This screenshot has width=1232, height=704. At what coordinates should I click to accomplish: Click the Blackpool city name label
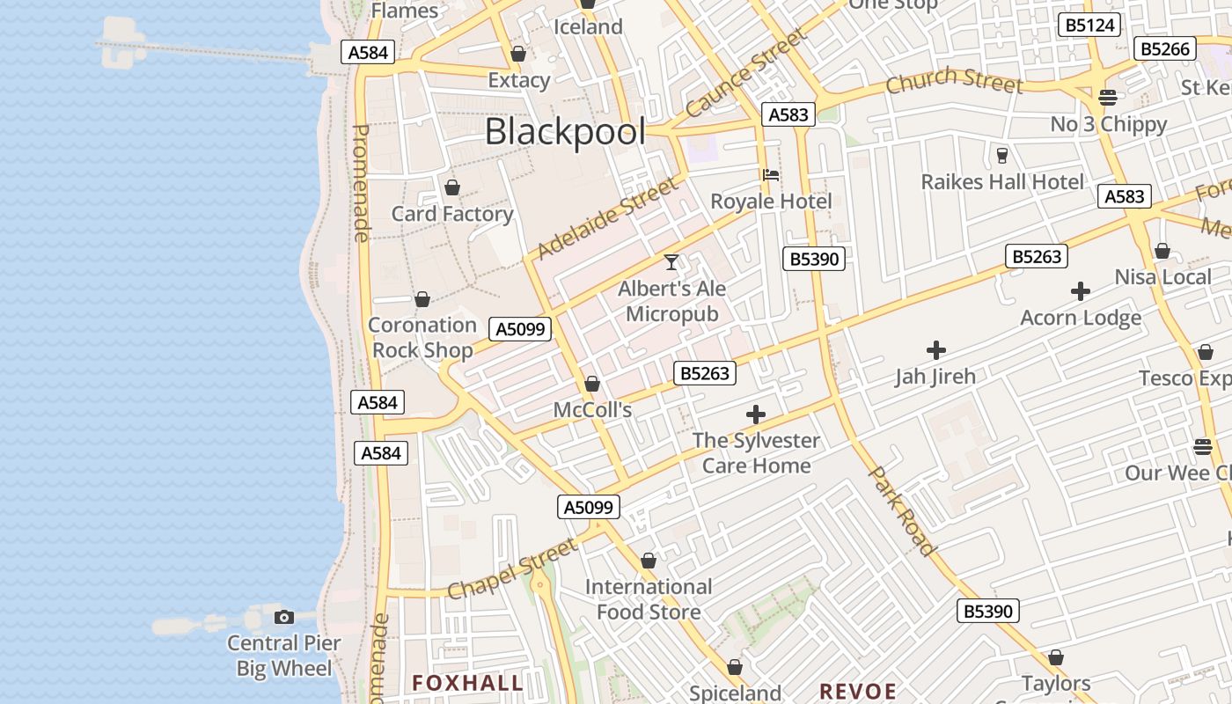[x=565, y=132]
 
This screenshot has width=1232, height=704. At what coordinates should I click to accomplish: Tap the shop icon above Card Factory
[x=452, y=187]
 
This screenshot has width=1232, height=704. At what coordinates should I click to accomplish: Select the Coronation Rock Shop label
[x=422, y=337]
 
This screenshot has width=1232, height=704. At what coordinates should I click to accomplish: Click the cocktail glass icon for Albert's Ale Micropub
[x=671, y=262]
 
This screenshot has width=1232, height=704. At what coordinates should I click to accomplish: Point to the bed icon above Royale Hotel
[x=771, y=175]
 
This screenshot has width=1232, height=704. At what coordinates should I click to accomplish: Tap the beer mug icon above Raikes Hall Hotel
[x=1001, y=156]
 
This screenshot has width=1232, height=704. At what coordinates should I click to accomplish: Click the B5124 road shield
[x=1090, y=26]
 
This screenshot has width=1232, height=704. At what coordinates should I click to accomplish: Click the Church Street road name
[x=954, y=80]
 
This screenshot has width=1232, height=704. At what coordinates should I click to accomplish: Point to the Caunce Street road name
[x=745, y=73]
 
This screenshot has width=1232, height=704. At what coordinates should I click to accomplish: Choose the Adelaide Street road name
[x=608, y=218]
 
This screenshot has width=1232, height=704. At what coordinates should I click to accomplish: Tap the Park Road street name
[x=902, y=510]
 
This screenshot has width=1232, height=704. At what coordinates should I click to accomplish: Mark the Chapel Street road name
[x=513, y=569]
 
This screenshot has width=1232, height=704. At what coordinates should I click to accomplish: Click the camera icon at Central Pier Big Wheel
[x=283, y=617]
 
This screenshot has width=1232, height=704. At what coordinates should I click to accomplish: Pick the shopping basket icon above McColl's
[x=592, y=385]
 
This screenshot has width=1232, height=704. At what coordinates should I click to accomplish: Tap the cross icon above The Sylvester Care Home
[x=755, y=414]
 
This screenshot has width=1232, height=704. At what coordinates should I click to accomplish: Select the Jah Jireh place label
[x=935, y=377]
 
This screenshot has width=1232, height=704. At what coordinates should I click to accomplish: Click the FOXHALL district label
[x=467, y=683]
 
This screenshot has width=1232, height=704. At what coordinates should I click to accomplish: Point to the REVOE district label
[x=857, y=691]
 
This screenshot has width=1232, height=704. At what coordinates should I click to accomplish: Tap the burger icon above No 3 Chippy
[x=1108, y=98]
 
